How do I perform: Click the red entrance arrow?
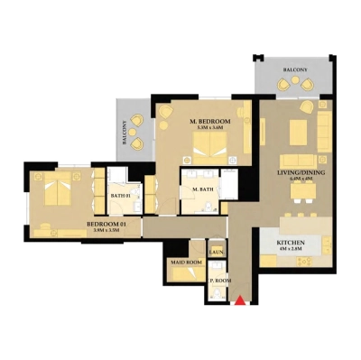239,300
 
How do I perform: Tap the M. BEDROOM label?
210,121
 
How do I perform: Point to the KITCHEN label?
290,244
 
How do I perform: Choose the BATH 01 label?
122,195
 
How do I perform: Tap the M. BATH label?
203,190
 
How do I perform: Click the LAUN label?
217,252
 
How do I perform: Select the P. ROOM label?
220,281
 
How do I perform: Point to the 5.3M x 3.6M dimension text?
210,128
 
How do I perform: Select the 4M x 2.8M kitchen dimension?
290,252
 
